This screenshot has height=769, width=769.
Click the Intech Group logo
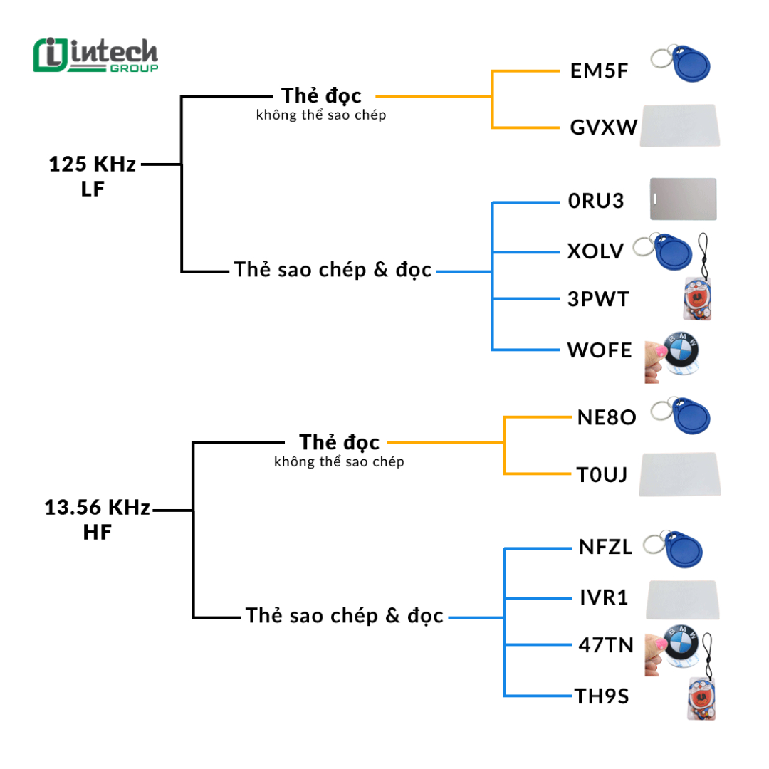[x=95, y=56]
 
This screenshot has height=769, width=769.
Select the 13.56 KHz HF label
[x=98, y=520]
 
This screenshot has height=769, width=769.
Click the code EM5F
[x=600, y=72]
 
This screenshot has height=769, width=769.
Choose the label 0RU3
[x=596, y=202]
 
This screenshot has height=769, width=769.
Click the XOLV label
[x=596, y=251]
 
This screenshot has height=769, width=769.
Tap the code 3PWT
[x=598, y=299]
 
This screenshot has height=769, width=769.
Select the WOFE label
[x=600, y=350]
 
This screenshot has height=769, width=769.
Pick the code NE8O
[x=607, y=417]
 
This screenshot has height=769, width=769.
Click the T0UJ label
[x=602, y=474]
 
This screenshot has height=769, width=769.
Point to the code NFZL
[x=605, y=548]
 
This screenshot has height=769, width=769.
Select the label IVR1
[x=604, y=597]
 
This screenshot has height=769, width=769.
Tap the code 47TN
[x=606, y=645]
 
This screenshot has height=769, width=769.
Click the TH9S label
[x=602, y=696]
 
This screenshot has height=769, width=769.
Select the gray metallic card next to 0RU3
[x=683, y=199]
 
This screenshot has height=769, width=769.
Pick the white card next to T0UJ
[x=679, y=474]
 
